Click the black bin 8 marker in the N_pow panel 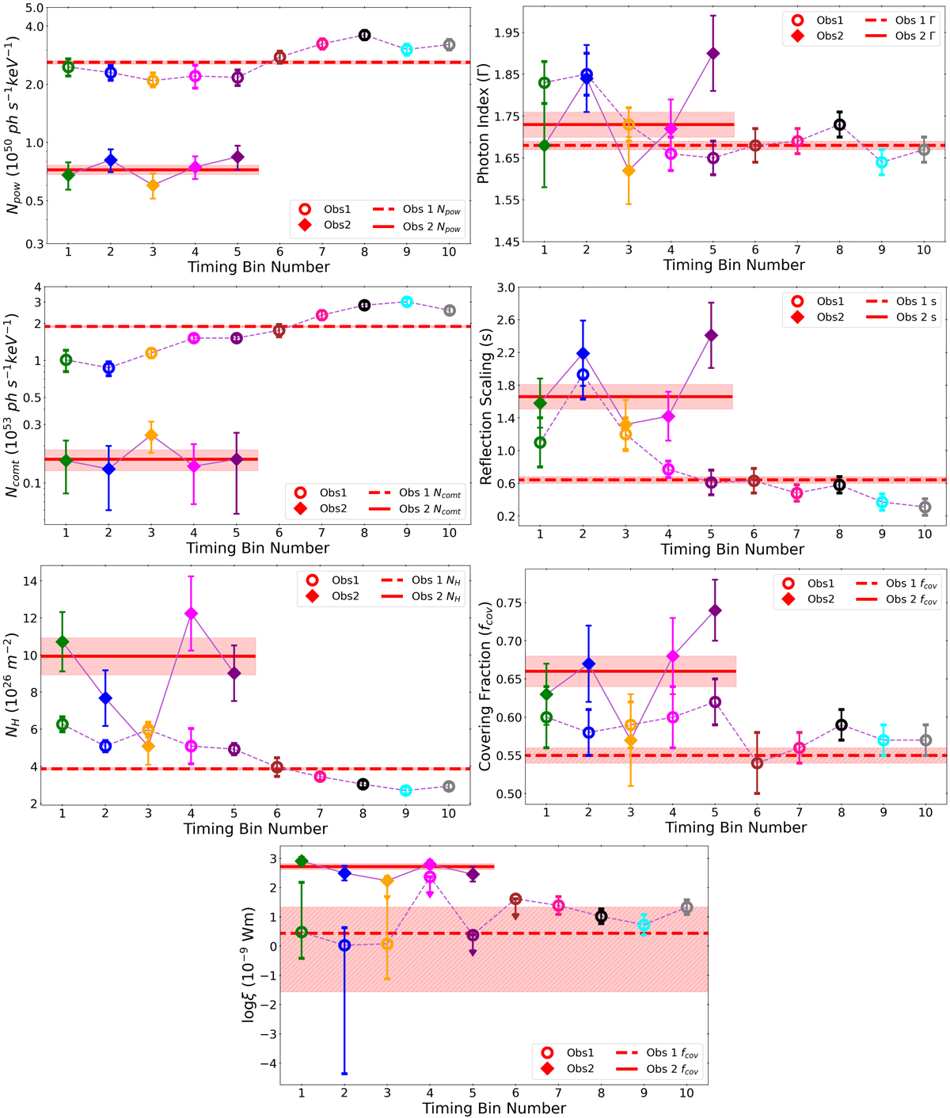click(364, 35)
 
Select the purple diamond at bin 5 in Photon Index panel click(713, 53)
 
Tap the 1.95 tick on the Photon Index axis click(507, 32)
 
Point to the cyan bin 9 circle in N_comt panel click(407, 302)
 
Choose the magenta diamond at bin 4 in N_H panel click(191, 614)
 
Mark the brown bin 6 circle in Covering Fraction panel click(757, 763)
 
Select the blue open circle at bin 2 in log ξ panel click(344, 945)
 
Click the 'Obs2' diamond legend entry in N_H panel click(345, 596)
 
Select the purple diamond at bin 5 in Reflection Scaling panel click(711, 335)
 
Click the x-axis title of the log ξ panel click(494, 1108)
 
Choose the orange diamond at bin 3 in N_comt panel click(151, 435)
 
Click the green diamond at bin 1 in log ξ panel click(302, 861)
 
